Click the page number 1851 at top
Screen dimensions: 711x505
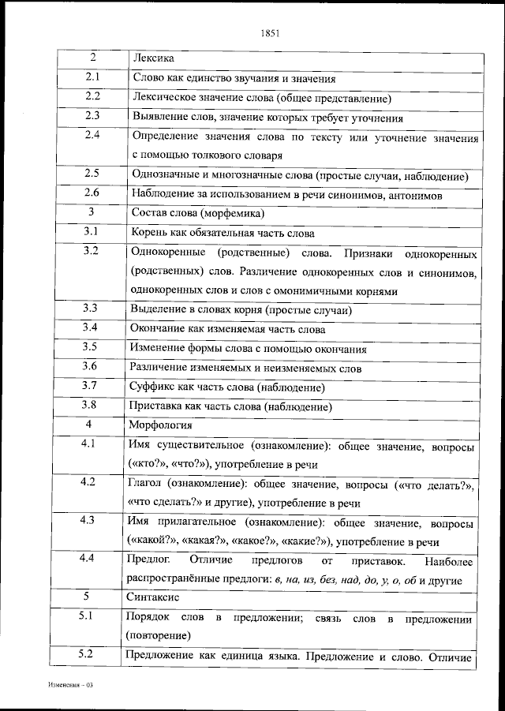coord(270,33)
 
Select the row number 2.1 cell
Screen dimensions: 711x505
coord(92,77)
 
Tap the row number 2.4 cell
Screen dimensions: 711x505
coord(92,135)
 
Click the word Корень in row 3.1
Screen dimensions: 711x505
coord(148,233)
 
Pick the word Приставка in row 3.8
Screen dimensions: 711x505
coord(156,406)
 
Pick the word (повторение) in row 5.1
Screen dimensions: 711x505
coord(158,634)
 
